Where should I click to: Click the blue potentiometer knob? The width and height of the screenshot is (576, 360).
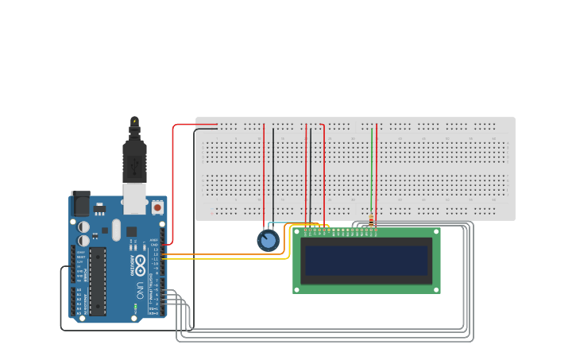pos(269,240)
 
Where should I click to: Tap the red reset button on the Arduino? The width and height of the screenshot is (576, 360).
pos(157,207)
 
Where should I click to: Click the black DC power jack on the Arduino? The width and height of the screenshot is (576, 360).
pos(80,204)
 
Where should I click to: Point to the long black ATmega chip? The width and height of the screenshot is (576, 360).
pos(97,281)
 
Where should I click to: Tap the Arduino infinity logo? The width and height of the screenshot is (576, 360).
pos(140,264)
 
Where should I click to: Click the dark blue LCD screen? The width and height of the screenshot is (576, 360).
pos(366,261)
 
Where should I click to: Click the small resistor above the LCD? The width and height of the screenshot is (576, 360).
pos(371,222)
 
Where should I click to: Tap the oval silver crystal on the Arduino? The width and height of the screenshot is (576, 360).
pos(116,230)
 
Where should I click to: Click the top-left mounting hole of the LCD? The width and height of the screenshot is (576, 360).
pos(298,233)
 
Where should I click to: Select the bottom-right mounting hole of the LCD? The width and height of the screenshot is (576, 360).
pos(435,289)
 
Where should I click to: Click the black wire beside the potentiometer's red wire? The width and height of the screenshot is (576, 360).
pos(273,175)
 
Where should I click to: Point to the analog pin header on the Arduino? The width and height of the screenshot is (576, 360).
pos(79,301)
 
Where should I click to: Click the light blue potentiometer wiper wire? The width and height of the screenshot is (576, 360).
pos(269,226)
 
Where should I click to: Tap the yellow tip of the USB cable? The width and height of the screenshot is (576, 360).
pos(134,122)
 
